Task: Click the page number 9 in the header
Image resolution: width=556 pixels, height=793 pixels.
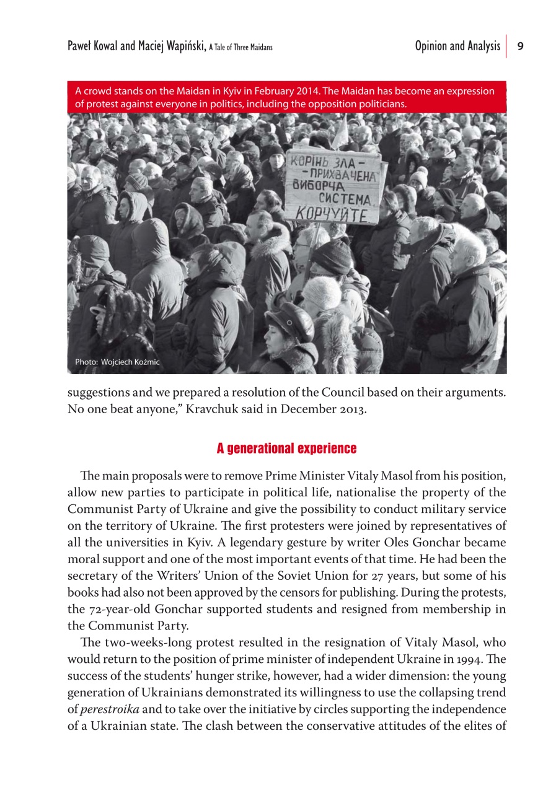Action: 521,46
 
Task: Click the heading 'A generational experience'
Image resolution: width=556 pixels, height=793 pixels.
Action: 286,448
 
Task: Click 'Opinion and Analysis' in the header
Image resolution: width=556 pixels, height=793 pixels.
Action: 457,46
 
